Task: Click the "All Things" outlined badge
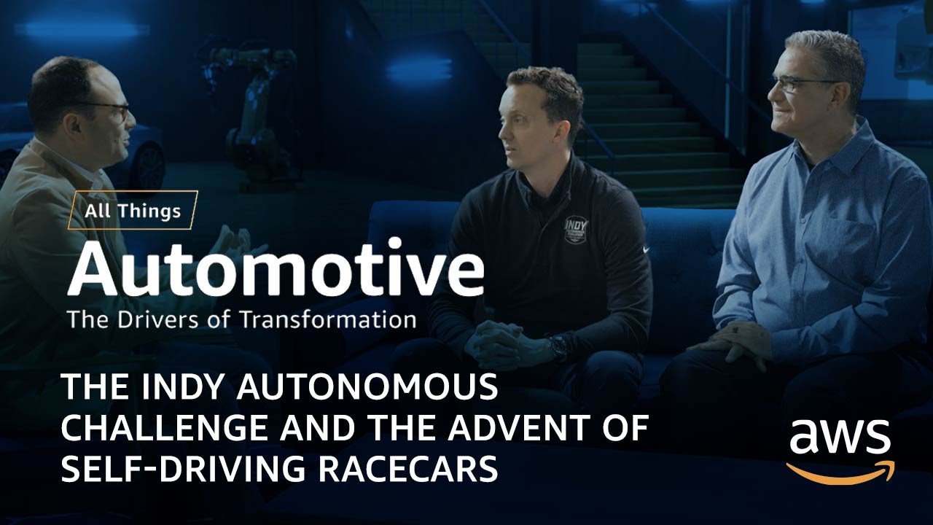(133, 211)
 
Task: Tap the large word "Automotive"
(276, 269)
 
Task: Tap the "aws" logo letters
(840, 437)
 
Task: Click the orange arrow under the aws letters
(840, 471)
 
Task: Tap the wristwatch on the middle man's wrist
(558, 347)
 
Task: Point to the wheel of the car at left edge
(149, 164)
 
